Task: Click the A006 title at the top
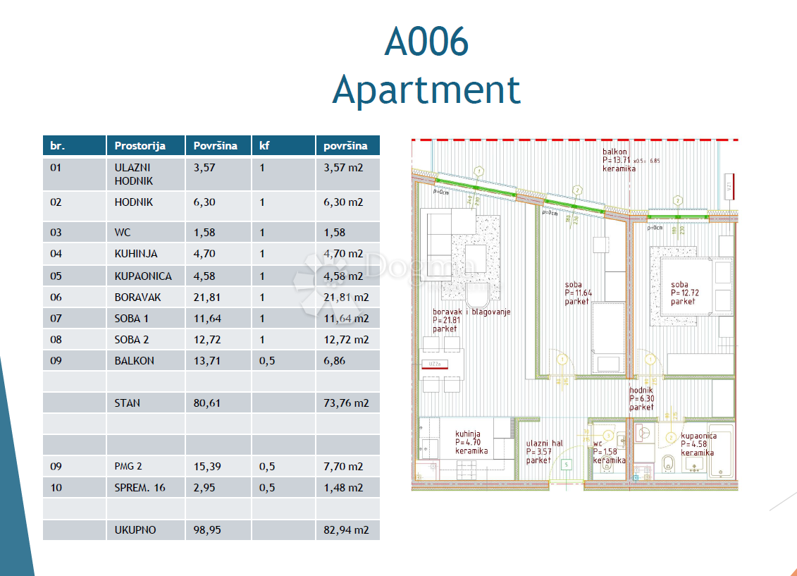click(426, 42)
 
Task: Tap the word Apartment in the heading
click(426, 90)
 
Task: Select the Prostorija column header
click(140, 146)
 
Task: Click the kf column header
click(265, 146)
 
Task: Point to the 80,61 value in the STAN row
click(206, 403)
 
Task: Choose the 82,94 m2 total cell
click(346, 530)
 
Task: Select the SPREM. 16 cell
click(140, 488)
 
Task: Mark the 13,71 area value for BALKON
click(206, 361)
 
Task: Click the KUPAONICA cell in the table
click(142, 276)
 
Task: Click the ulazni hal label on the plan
click(544, 443)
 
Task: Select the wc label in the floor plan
click(598, 443)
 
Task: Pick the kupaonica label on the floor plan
click(698, 436)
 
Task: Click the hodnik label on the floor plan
click(641, 391)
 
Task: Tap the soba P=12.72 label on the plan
click(682, 286)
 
